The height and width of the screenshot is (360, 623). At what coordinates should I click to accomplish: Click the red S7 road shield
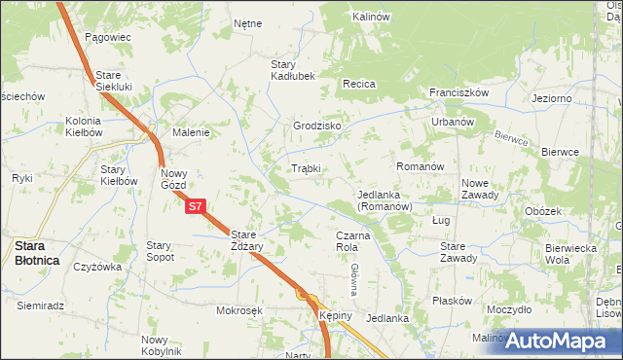(196, 206)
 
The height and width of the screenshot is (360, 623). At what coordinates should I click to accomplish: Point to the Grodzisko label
(316, 126)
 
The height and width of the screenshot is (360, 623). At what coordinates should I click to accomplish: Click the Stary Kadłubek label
(293, 70)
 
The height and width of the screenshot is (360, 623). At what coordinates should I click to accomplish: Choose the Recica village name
(358, 85)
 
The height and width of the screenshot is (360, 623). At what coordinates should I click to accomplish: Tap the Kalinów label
(371, 18)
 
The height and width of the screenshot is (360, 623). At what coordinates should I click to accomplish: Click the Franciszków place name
(458, 92)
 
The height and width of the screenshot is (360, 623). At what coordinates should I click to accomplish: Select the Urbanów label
(453, 123)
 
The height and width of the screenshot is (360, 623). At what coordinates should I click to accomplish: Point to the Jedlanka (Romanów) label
(385, 200)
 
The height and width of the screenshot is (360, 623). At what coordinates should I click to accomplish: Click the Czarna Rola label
(354, 241)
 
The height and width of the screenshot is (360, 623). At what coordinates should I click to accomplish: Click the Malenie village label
(192, 132)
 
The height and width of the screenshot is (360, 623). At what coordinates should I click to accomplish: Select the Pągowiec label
(107, 37)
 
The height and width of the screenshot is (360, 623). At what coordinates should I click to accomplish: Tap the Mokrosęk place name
(241, 311)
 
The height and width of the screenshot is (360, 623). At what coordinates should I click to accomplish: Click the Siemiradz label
(41, 306)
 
